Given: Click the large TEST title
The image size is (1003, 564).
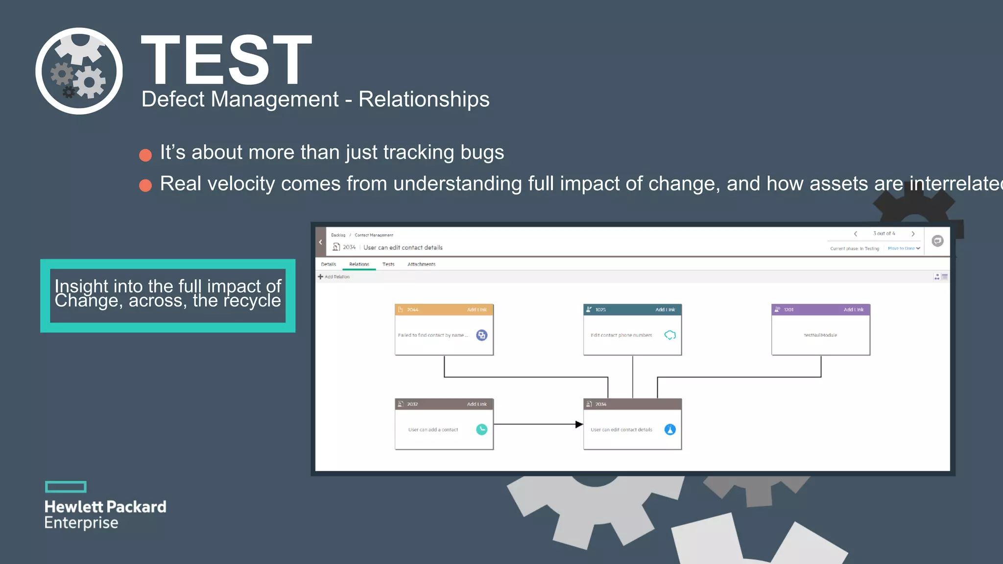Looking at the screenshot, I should click(x=226, y=60).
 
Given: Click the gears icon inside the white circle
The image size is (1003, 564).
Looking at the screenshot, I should click(x=79, y=71).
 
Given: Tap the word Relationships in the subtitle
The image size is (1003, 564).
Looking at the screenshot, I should click(x=424, y=99).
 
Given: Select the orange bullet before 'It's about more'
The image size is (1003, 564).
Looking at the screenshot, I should click(x=145, y=155).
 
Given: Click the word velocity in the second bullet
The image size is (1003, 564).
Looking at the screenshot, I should click(x=242, y=184).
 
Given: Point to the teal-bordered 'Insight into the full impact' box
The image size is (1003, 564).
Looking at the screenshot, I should click(x=167, y=295).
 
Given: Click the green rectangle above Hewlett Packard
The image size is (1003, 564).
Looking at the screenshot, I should click(x=66, y=487).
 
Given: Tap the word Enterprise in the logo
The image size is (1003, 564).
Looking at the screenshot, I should click(x=81, y=523).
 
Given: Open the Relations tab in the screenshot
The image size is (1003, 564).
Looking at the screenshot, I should click(x=359, y=264).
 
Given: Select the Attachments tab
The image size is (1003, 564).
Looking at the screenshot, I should click(x=421, y=264).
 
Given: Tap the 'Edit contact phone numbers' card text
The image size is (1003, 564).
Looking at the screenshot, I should click(x=621, y=335).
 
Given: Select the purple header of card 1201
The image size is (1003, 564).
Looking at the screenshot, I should click(x=813, y=309).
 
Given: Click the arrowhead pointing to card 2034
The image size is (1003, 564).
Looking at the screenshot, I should click(x=579, y=424).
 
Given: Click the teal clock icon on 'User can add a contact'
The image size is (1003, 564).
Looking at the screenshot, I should click(x=481, y=429).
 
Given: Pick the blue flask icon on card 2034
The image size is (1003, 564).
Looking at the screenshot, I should click(x=670, y=429).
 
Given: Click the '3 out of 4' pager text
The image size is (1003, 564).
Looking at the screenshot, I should click(x=884, y=234).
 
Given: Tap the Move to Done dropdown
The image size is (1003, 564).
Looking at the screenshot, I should click(x=904, y=248).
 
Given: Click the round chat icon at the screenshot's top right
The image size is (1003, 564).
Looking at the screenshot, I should click(x=937, y=241).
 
